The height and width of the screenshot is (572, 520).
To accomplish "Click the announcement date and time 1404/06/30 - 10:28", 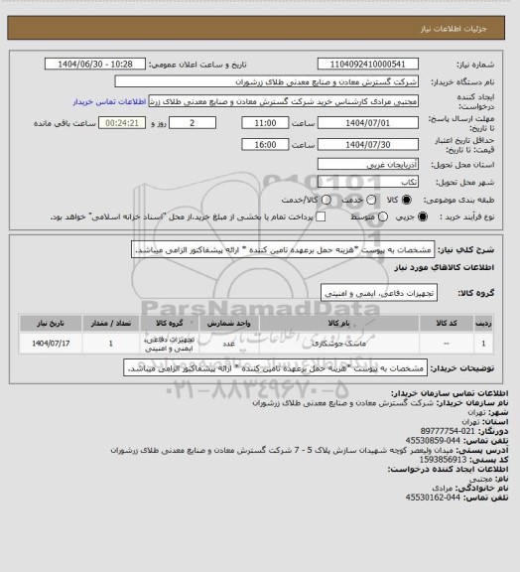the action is pyautogui.click(x=96, y=64).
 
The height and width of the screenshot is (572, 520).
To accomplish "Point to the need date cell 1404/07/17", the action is pyautogui.click(x=51, y=344).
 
